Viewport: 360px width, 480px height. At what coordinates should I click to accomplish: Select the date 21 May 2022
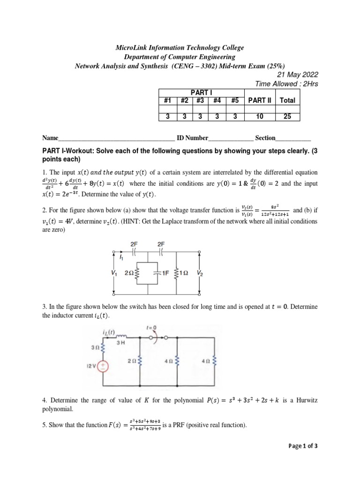pos(294,75)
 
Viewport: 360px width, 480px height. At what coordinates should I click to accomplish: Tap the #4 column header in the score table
pos(217,100)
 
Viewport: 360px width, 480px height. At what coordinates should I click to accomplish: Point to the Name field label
pos(50,138)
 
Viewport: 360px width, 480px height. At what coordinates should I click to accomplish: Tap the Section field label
pos(265,138)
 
